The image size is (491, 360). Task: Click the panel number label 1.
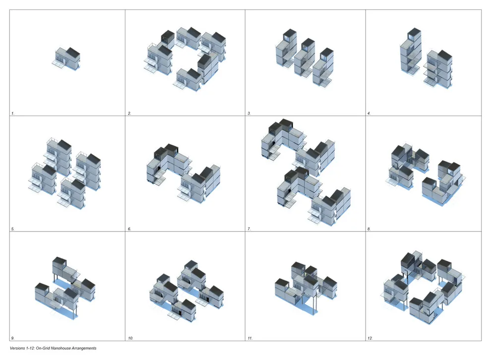coord(13,114)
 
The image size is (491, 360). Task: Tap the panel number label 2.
coord(129,114)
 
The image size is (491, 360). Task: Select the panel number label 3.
coord(249,114)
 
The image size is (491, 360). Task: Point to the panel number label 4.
coord(369,114)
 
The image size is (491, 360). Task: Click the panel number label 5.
coord(13,229)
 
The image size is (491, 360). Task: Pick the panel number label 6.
coord(129,229)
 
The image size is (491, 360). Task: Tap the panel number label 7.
coord(249,229)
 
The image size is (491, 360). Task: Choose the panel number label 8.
coord(369,229)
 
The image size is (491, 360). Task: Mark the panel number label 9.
coord(13,338)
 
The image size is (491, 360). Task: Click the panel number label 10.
coord(130,338)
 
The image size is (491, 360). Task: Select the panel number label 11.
coord(250,338)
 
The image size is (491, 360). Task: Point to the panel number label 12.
coord(370,338)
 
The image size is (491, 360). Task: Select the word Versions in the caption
coord(17,348)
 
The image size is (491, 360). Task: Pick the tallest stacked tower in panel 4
coord(411,52)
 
